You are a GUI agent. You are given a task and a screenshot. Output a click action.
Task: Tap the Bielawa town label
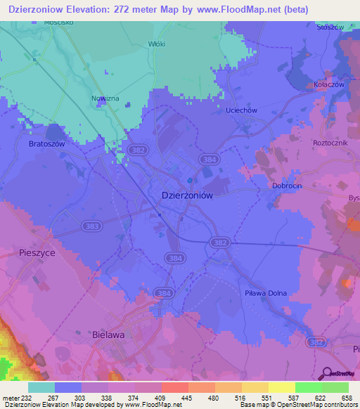tap(108, 335)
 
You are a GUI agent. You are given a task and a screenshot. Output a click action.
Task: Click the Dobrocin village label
tap(287, 186)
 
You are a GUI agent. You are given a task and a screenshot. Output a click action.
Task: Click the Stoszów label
tap(329, 27)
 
